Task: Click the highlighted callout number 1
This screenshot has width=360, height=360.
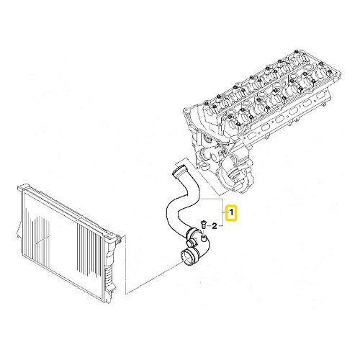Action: coord(232,214)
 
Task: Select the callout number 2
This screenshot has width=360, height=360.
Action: coord(215,226)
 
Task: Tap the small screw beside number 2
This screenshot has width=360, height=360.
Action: coord(203,224)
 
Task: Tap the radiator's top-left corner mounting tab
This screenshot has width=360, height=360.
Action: coord(19,189)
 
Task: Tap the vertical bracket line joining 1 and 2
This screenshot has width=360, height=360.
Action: coord(225,214)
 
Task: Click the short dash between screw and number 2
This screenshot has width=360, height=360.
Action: coord(209,225)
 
